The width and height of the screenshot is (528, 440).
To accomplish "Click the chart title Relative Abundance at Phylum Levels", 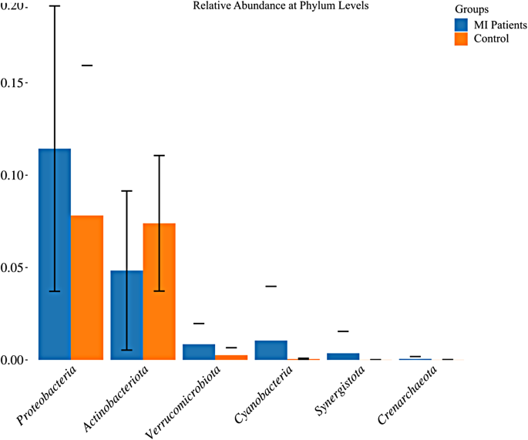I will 281,6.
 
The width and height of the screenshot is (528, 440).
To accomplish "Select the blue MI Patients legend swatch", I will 461,25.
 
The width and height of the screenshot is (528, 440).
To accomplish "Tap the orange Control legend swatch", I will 461,39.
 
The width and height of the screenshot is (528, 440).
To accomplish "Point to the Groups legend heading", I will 471,10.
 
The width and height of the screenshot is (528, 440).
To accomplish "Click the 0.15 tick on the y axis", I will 14,83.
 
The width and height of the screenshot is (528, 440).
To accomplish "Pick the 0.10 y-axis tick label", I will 14,176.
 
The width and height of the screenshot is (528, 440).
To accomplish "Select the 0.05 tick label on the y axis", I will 14,268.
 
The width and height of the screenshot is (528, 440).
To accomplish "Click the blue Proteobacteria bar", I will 55,254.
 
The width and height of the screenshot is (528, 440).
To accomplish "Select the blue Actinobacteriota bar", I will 126,315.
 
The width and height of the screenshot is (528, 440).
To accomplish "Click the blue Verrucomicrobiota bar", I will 199,352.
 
